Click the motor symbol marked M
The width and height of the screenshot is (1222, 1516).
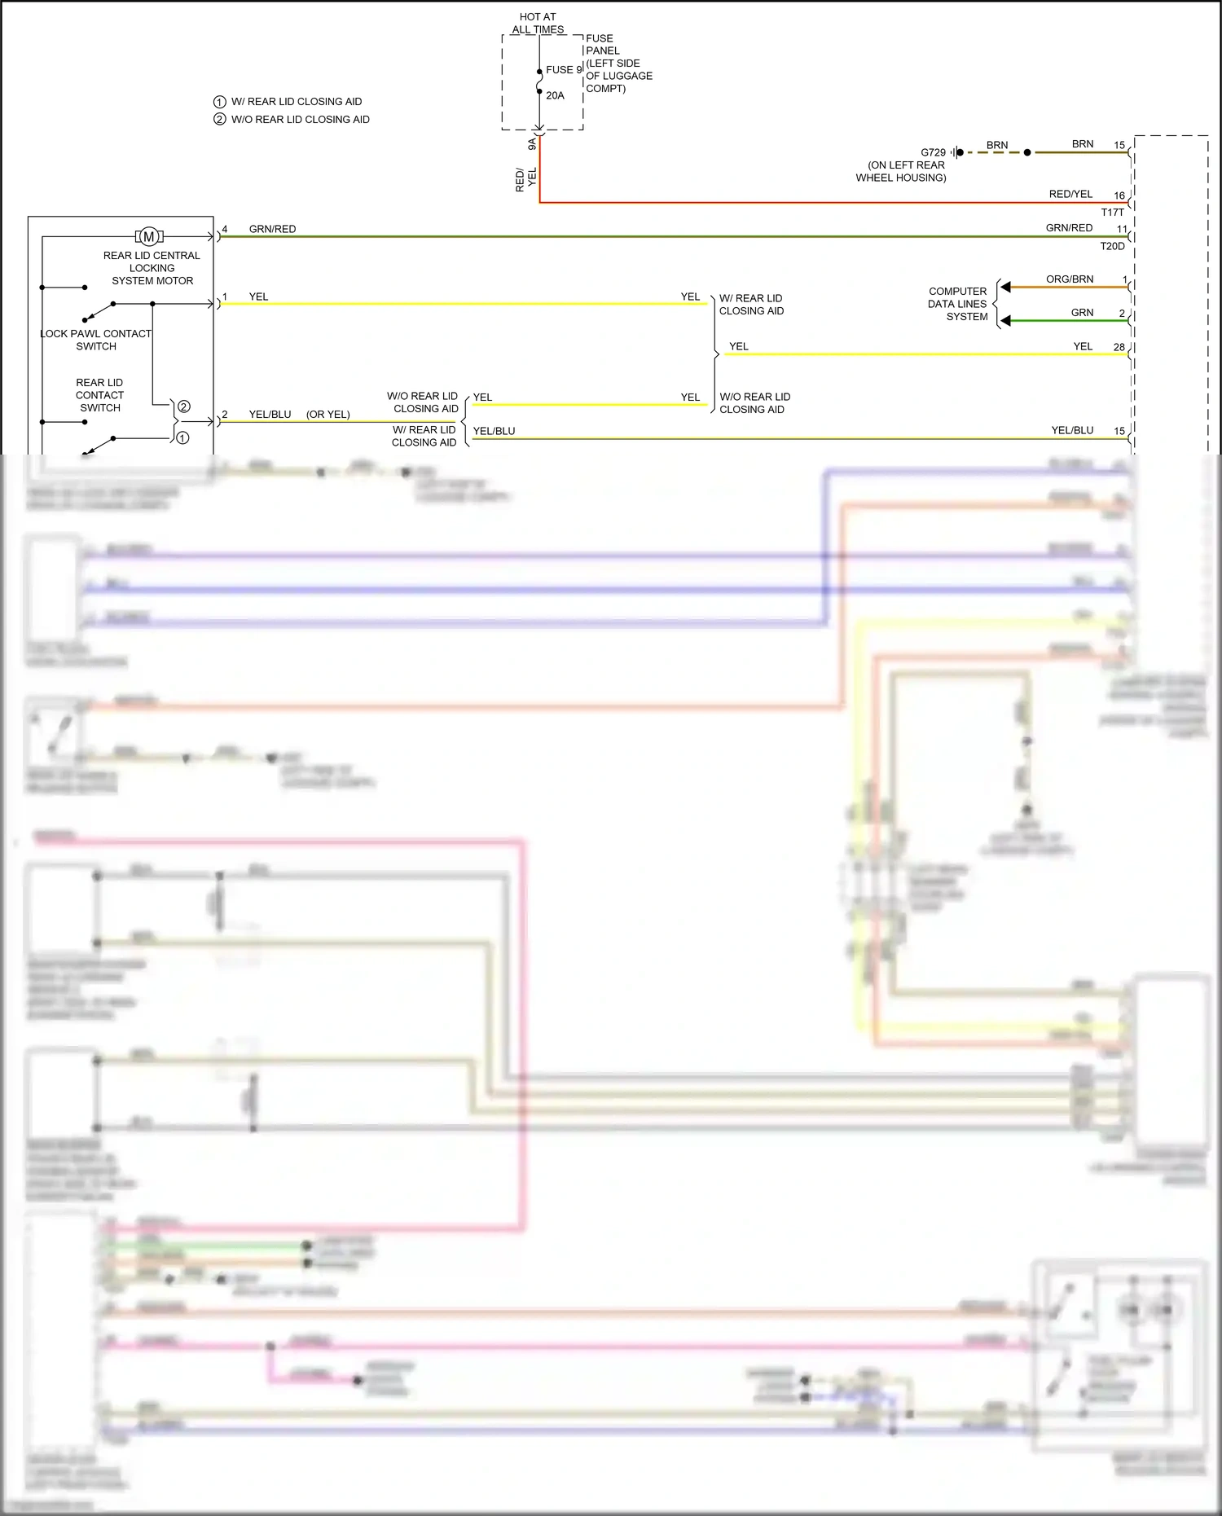point(149,237)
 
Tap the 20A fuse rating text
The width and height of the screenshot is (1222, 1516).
point(555,95)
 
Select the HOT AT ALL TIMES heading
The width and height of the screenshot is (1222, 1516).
point(538,23)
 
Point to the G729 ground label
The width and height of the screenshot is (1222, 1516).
point(933,152)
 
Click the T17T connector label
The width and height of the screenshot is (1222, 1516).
point(1112,212)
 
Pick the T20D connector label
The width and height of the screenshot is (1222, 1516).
point(1112,246)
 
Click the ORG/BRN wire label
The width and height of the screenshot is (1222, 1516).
point(1070,279)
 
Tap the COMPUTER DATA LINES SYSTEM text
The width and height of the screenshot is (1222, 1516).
point(958,304)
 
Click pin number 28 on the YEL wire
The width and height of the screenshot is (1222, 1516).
point(1119,347)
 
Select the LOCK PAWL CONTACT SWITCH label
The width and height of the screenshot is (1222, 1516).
point(96,340)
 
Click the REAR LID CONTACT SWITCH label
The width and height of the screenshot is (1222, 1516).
point(99,395)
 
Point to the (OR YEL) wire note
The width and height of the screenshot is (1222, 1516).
point(327,415)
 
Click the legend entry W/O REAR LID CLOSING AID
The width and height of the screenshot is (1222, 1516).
point(300,120)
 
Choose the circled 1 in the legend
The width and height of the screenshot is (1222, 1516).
point(219,102)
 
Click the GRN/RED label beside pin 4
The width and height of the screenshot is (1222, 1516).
point(272,229)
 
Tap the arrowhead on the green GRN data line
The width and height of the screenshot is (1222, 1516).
point(1006,321)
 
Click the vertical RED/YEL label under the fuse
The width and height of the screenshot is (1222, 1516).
point(525,179)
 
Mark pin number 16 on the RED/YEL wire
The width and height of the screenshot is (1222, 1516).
point(1119,196)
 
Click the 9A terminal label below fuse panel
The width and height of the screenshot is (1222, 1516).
point(532,144)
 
